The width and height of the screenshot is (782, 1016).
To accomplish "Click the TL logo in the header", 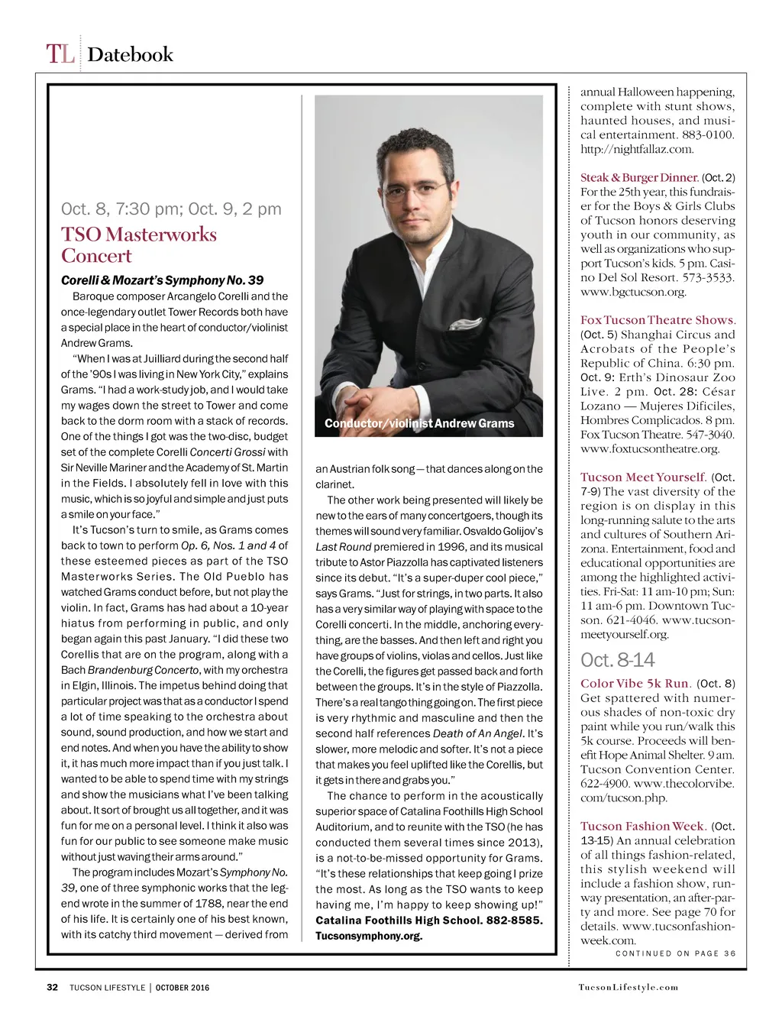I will coord(60,54).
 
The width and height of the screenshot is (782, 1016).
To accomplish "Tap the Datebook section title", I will coord(130,55).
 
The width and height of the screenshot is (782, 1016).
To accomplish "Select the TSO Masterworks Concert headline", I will coord(138,244).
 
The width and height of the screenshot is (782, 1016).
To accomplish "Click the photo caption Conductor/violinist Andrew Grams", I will coord(419,423).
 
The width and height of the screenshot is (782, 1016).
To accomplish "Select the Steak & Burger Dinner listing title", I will coord(639,177).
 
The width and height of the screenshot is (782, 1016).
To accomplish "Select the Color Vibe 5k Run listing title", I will coord(635,684).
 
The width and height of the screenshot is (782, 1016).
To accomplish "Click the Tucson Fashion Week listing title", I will coord(642,827).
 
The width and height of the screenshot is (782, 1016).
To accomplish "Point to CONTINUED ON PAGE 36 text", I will coord(675,953).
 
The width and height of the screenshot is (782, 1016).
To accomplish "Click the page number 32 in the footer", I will coord(53,987).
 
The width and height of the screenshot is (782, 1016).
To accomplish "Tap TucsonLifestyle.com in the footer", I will coord(628,987).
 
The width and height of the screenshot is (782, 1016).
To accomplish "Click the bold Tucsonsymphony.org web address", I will coord(369,936).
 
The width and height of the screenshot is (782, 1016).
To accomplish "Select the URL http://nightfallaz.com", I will coord(637,149).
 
